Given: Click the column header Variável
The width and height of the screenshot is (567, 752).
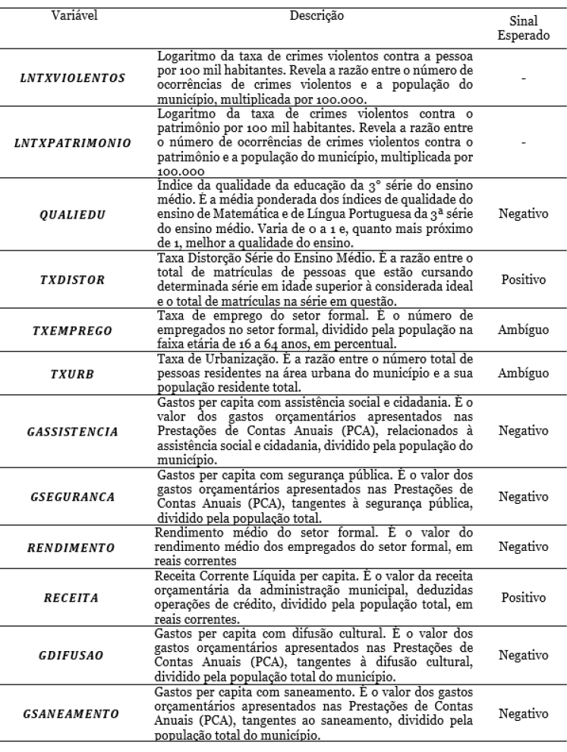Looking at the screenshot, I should pyautogui.click(x=77, y=14).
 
